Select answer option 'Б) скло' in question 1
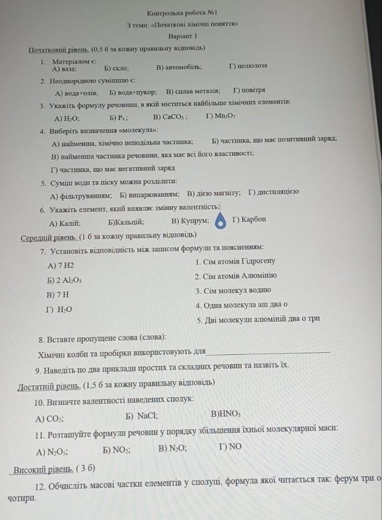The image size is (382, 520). [116, 69]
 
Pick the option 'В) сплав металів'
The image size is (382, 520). [193, 91]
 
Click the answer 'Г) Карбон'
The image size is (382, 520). [249, 219]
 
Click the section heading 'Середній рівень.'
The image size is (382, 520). [49, 236]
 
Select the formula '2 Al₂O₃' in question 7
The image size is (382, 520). [64, 280]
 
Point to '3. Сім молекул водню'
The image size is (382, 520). [233, 291]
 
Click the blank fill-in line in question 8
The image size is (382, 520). [268, 352]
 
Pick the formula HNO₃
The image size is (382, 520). [226, 414]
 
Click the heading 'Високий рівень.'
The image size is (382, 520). [43, 469]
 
